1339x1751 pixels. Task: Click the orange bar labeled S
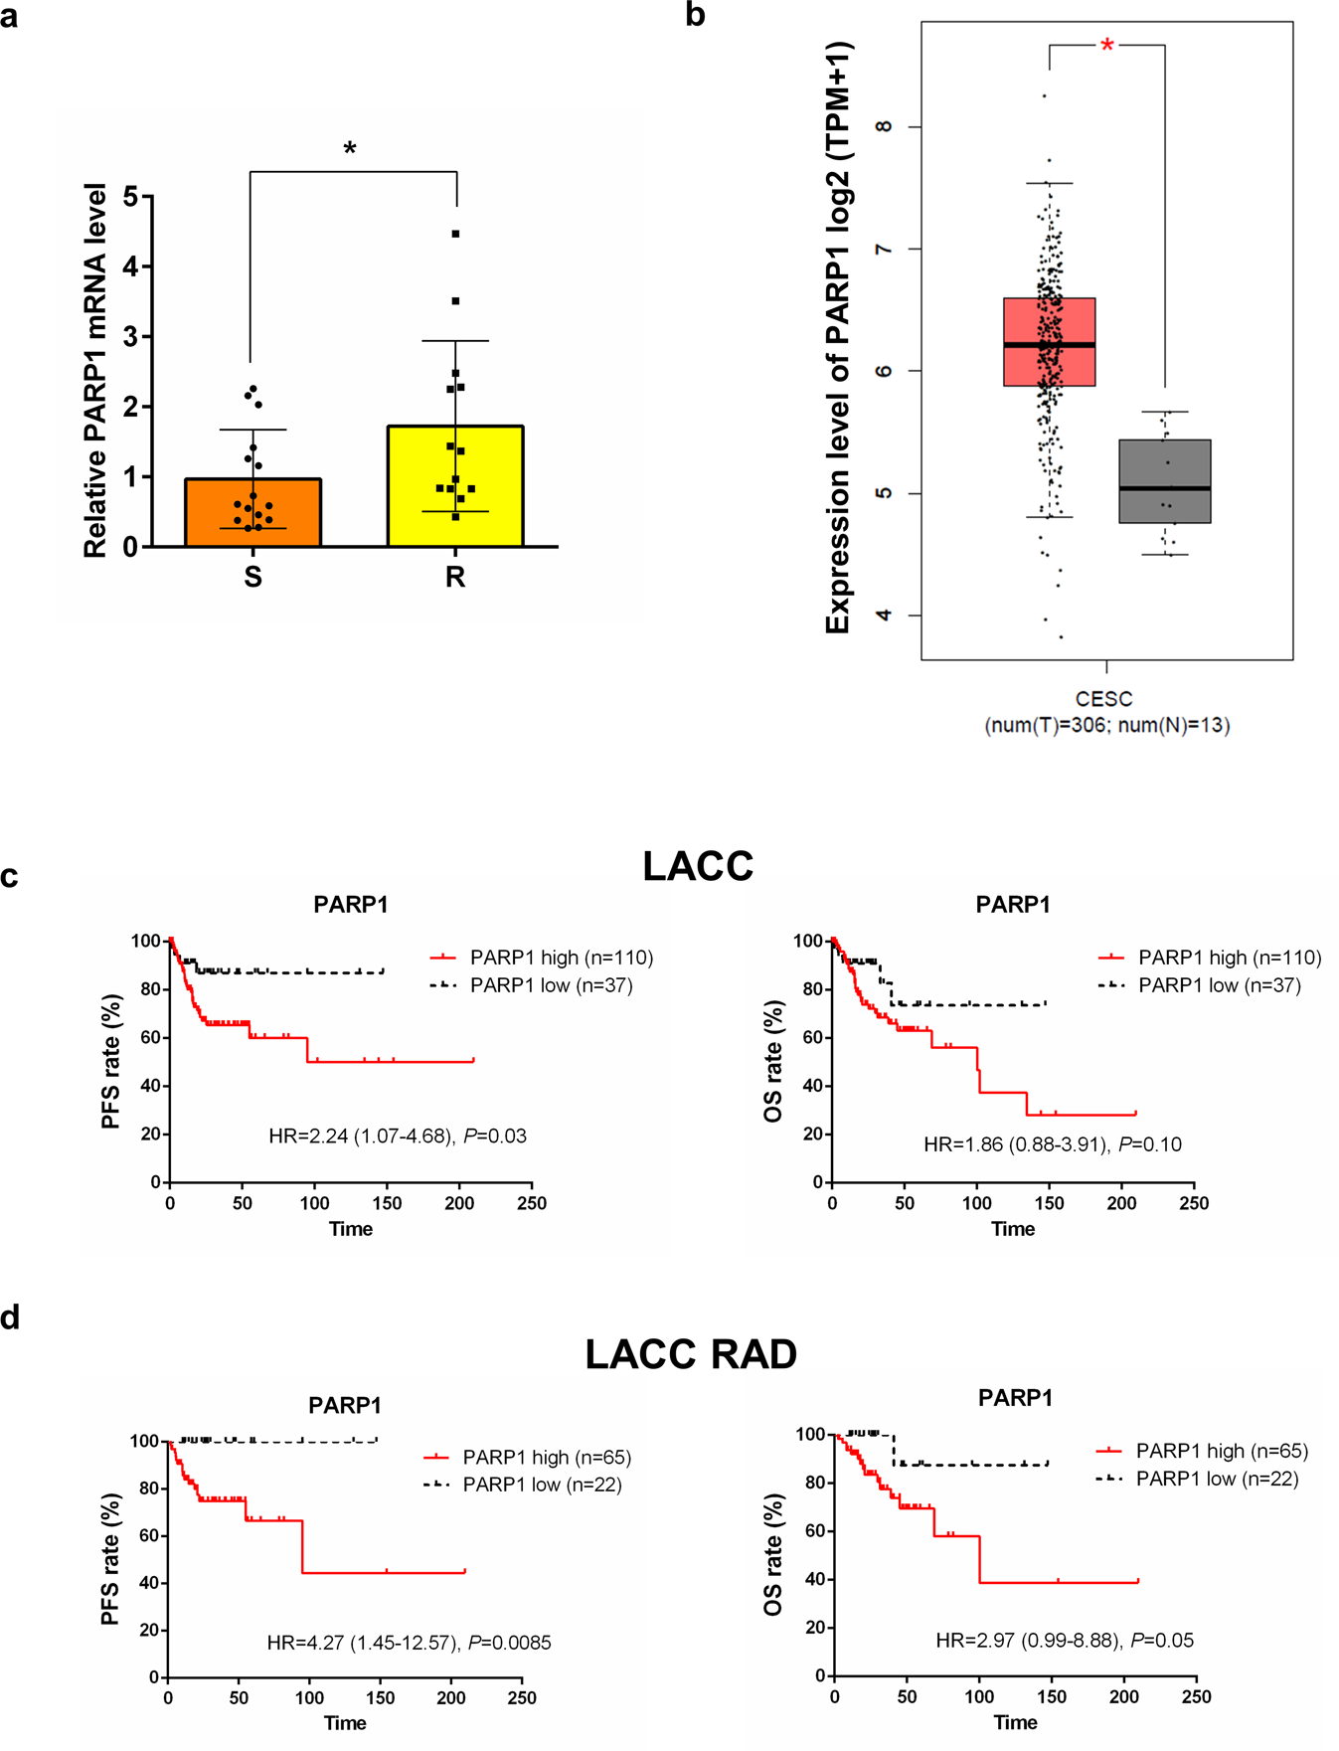252,513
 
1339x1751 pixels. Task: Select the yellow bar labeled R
455,487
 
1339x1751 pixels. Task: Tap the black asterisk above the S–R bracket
350,150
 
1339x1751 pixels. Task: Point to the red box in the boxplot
1049,341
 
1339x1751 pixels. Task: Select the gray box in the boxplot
1164,481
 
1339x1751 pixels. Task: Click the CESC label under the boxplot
1104,699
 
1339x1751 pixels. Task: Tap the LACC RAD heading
691,1354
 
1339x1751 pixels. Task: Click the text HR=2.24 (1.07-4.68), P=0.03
398,1136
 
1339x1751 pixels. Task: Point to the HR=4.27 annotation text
409,1643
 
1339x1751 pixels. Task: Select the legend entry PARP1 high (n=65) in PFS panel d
546,1458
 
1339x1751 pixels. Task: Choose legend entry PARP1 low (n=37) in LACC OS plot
1219,985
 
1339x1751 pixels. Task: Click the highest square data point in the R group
456,234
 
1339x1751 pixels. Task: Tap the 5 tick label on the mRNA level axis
131,197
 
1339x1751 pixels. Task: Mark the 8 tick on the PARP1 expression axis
884,126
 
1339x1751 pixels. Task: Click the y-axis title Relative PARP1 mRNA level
95,371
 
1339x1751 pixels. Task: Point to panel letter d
10,1317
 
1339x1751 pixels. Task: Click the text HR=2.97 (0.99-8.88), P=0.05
1065,1641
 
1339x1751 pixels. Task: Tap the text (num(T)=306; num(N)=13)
1106,726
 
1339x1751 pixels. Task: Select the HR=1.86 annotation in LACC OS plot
1053,1144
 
